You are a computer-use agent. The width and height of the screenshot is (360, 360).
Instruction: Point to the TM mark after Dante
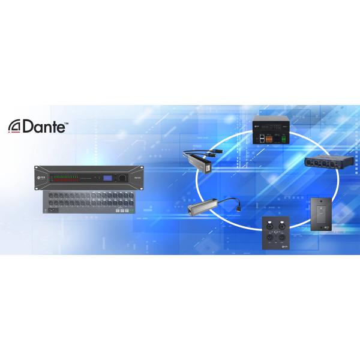pos(66,122)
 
